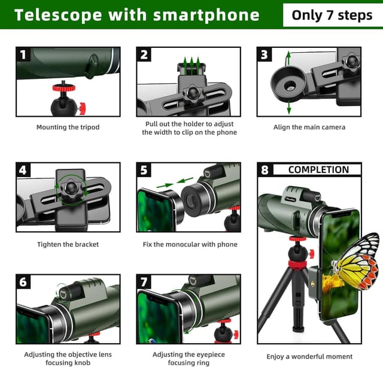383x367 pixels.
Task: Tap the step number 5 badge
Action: (x=144, y=170)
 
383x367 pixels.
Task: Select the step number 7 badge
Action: (x=144, y=282)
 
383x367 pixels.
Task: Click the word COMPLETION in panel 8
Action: (x=318, y=169)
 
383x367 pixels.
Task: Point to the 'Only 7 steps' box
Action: (x=332, y=15)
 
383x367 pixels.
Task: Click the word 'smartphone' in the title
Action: (x=206, y=15)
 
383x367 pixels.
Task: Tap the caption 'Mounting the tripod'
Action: (x=68, y=127)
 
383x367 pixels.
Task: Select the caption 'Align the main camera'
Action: (x=309, y=127)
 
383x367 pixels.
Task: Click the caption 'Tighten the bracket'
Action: (x=68, y=244)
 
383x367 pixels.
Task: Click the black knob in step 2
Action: (x=193, y=94)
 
